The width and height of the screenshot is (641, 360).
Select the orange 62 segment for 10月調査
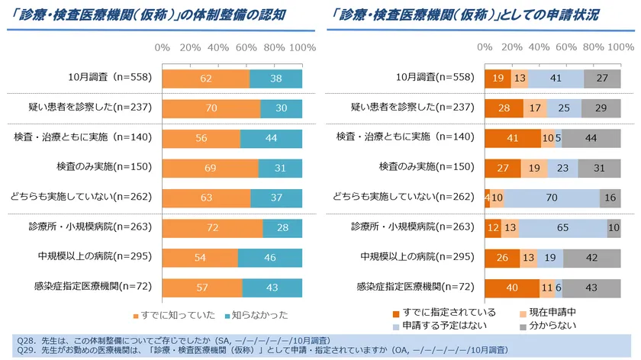pos(205,79)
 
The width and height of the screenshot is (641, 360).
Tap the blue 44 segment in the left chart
pos(271,138)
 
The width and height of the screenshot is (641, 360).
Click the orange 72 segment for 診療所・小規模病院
pos(212,227)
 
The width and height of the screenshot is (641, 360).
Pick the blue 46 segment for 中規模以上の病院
pos(269,257)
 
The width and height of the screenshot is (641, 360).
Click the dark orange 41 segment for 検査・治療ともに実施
pos(513,138)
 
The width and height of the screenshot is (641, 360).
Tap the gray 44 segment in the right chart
pos(591,138)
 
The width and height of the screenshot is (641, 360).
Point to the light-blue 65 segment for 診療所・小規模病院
pos(562,227)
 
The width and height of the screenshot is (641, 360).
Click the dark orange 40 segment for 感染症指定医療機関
pos(512,287)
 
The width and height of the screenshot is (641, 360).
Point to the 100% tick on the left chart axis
pos(302,48)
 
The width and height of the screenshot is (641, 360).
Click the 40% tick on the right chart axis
pos(539,48)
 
